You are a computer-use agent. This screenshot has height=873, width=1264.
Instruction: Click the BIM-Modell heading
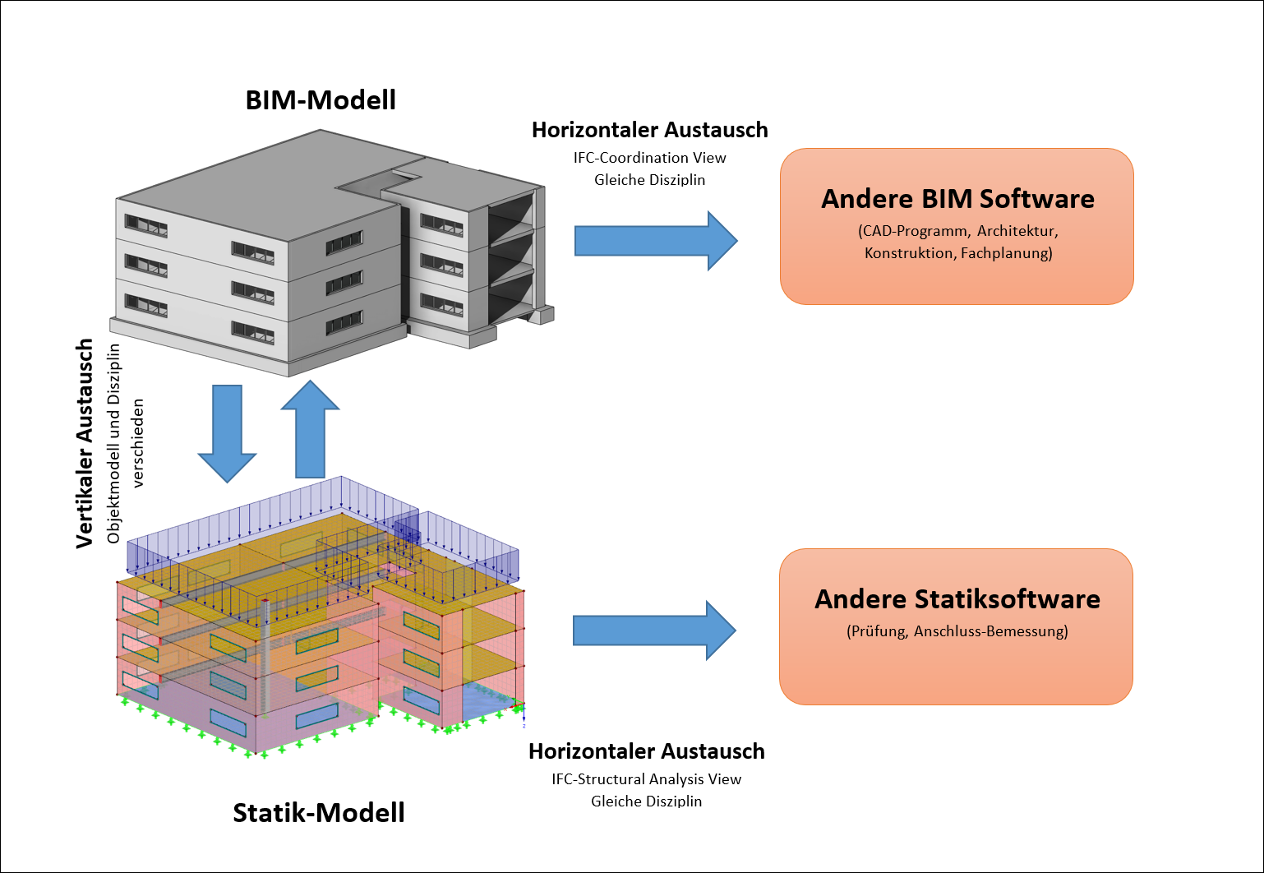point(321,100)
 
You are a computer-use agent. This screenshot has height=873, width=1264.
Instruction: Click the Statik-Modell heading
point(319,812)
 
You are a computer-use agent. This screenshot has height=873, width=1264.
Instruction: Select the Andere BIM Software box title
point(957,199)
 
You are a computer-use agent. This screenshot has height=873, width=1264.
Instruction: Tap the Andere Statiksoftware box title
point(957,599)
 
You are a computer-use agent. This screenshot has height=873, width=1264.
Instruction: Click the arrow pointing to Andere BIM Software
point(655,241)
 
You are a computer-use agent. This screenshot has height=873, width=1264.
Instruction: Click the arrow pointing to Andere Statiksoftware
point(653,630)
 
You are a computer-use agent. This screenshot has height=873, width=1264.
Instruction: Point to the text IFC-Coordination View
point(649,158)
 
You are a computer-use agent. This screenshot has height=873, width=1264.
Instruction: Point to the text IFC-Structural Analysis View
point(646,779)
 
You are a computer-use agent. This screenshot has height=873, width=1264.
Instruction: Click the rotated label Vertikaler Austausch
point(84,444)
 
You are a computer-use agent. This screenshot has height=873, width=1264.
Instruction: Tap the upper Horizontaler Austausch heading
point(649,130)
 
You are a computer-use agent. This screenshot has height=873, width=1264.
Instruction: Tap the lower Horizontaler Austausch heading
point(646,751)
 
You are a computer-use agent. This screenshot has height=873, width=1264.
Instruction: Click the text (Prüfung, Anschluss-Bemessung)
point(957,631)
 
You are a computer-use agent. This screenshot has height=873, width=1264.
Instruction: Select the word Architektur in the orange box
point(1017,231)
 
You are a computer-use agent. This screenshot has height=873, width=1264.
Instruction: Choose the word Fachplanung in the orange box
point(1006,253)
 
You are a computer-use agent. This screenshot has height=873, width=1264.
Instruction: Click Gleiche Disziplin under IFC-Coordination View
point(649,180)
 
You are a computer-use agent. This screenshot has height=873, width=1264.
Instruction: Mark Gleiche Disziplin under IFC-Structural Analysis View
point(646,801)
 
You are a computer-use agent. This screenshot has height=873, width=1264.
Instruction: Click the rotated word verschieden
point(138,444)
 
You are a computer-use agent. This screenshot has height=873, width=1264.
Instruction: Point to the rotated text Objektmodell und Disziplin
point(113,444)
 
